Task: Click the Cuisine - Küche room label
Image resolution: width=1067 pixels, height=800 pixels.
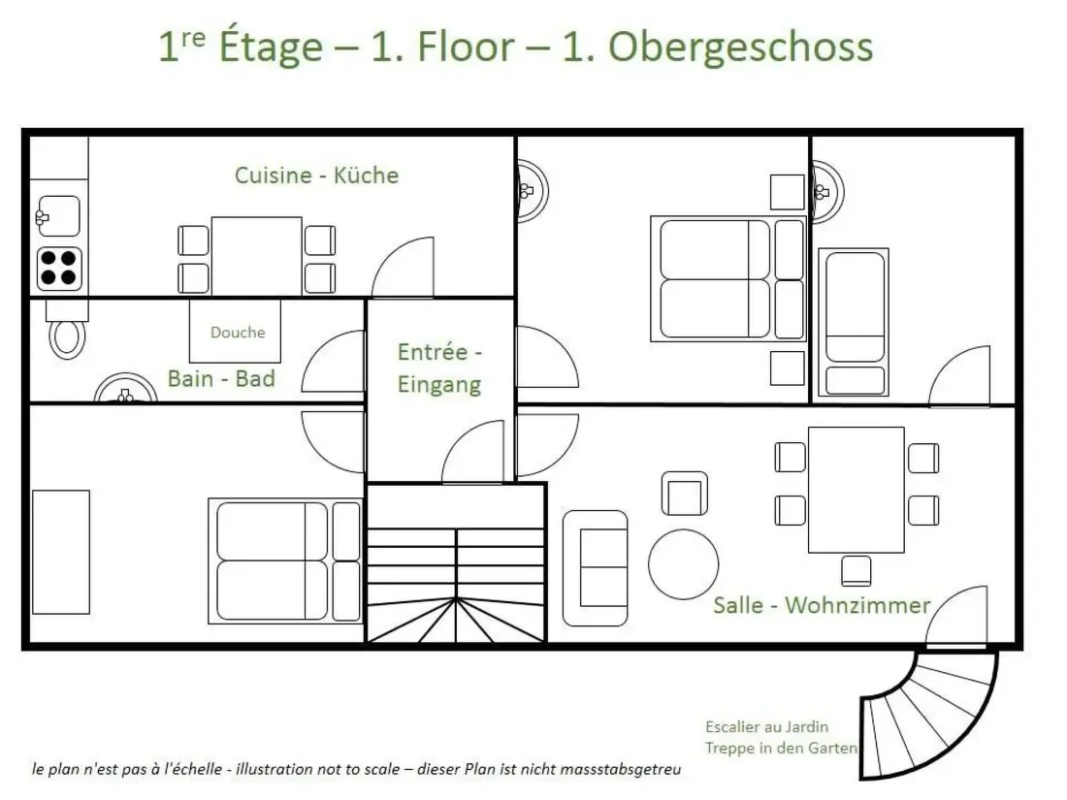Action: pos(316,176)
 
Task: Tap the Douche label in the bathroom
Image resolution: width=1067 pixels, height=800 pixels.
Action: pos(238,332)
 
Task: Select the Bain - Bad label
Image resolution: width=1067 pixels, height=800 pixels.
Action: pos(221,378)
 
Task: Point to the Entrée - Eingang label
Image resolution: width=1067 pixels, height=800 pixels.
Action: pos(439,368)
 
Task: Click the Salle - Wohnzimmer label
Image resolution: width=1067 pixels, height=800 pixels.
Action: pos(822,605)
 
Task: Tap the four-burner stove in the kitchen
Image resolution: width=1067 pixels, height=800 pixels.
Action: pos(59,268)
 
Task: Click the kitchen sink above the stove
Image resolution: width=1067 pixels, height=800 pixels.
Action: pos(58,216)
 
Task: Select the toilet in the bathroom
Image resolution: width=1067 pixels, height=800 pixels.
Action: pos(67,330)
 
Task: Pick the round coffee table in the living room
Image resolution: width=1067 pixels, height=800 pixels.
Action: pos(683,564)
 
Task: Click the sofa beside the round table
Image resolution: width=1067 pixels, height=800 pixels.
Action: pos(596,568)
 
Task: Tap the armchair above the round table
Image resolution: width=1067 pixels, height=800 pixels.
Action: pos(685,494)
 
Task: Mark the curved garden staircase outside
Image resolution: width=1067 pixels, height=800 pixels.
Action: pos(933,715)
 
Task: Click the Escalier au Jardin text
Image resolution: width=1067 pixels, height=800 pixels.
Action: pos(767,726)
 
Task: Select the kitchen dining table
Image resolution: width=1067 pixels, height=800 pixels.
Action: pos(256,256)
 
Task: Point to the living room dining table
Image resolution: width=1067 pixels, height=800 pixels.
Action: pos(857,490)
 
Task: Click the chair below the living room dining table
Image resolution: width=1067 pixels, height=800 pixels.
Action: pos(857,571)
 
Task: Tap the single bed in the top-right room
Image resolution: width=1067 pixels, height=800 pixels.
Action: pos(854,323)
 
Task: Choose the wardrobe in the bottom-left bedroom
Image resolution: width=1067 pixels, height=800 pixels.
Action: pos(60,552)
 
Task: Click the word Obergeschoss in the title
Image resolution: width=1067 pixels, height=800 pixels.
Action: pos(740,47)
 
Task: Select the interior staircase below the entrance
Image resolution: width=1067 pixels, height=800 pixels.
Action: pos(457,562)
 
